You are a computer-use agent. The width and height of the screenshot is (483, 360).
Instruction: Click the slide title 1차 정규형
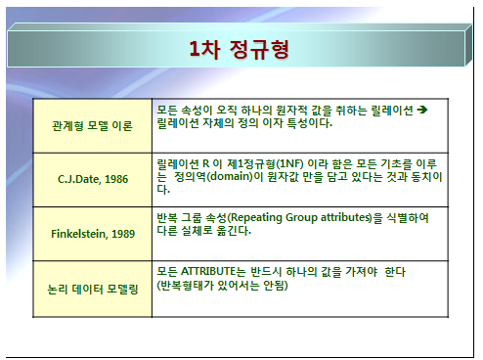[239, 49]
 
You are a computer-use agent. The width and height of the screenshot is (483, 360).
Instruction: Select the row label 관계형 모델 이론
[92, 126]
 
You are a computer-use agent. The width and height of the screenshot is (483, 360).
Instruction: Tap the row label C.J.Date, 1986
[93, 179]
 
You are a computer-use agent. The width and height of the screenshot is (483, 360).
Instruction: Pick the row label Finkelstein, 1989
[93, 234]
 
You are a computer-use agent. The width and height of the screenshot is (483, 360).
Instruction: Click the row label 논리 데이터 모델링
[93, 289]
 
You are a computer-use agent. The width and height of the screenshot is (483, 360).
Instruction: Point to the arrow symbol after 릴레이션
[422, 110]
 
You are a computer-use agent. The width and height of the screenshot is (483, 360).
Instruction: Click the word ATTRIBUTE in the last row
[207, 271]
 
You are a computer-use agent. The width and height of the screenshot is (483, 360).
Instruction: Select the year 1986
[116, 179]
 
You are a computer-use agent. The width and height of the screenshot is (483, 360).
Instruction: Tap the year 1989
[123, 234]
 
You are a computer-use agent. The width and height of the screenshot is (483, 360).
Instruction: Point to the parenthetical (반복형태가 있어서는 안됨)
[222, 286]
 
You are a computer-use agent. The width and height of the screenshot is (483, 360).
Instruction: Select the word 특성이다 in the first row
[310, 123]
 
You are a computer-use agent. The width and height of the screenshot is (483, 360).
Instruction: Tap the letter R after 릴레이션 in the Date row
[205, 163]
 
